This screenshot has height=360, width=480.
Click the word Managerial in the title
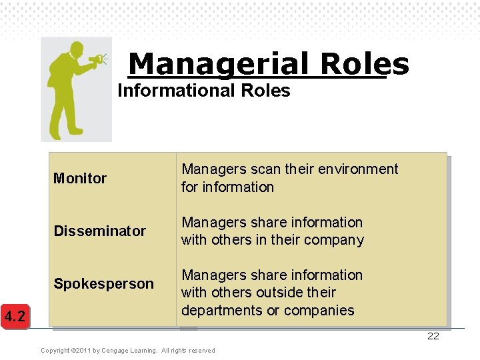[x=219, y=64]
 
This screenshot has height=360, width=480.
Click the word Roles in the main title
[x=364, y=64]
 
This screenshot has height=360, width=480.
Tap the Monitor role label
[x=80, y=178]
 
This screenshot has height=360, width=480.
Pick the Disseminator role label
[x=99, y=231]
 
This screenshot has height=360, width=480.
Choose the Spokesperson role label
[x=103, y=283]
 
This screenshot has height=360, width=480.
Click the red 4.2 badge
[x=15, y=316]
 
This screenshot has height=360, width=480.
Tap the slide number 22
[x=433, y=336]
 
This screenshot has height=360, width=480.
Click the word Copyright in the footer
[x=55, y=351]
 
